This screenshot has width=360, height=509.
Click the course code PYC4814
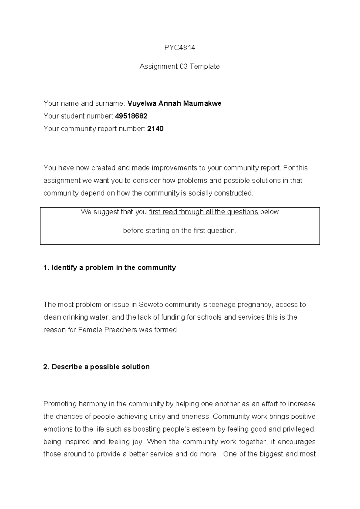pyautogui.click(x=180, y=48)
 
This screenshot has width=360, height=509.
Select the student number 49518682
pyautogui.click(x=131, y=116)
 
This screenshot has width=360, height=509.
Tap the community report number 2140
pyautogui.click(x=155, y=129)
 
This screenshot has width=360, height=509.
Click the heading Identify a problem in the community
pyautogui.click(x=109, y=267)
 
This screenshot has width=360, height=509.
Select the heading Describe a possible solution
pyautogui.click(x=97, y=367)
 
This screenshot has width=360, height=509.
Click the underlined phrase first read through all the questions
pyautogui.click(x=203, y=212)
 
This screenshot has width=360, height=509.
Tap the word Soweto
pyautogui.click(x=151, y=305)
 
